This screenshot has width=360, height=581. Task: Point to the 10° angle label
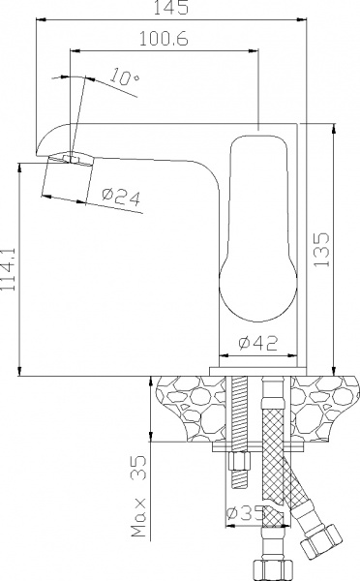point(123,76)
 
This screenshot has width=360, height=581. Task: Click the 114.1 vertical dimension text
point(10,270)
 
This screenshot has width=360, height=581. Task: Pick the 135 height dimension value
point(322,251)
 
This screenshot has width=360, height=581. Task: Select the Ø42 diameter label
point(259,342)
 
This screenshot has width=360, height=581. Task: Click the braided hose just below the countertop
point(271,426)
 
